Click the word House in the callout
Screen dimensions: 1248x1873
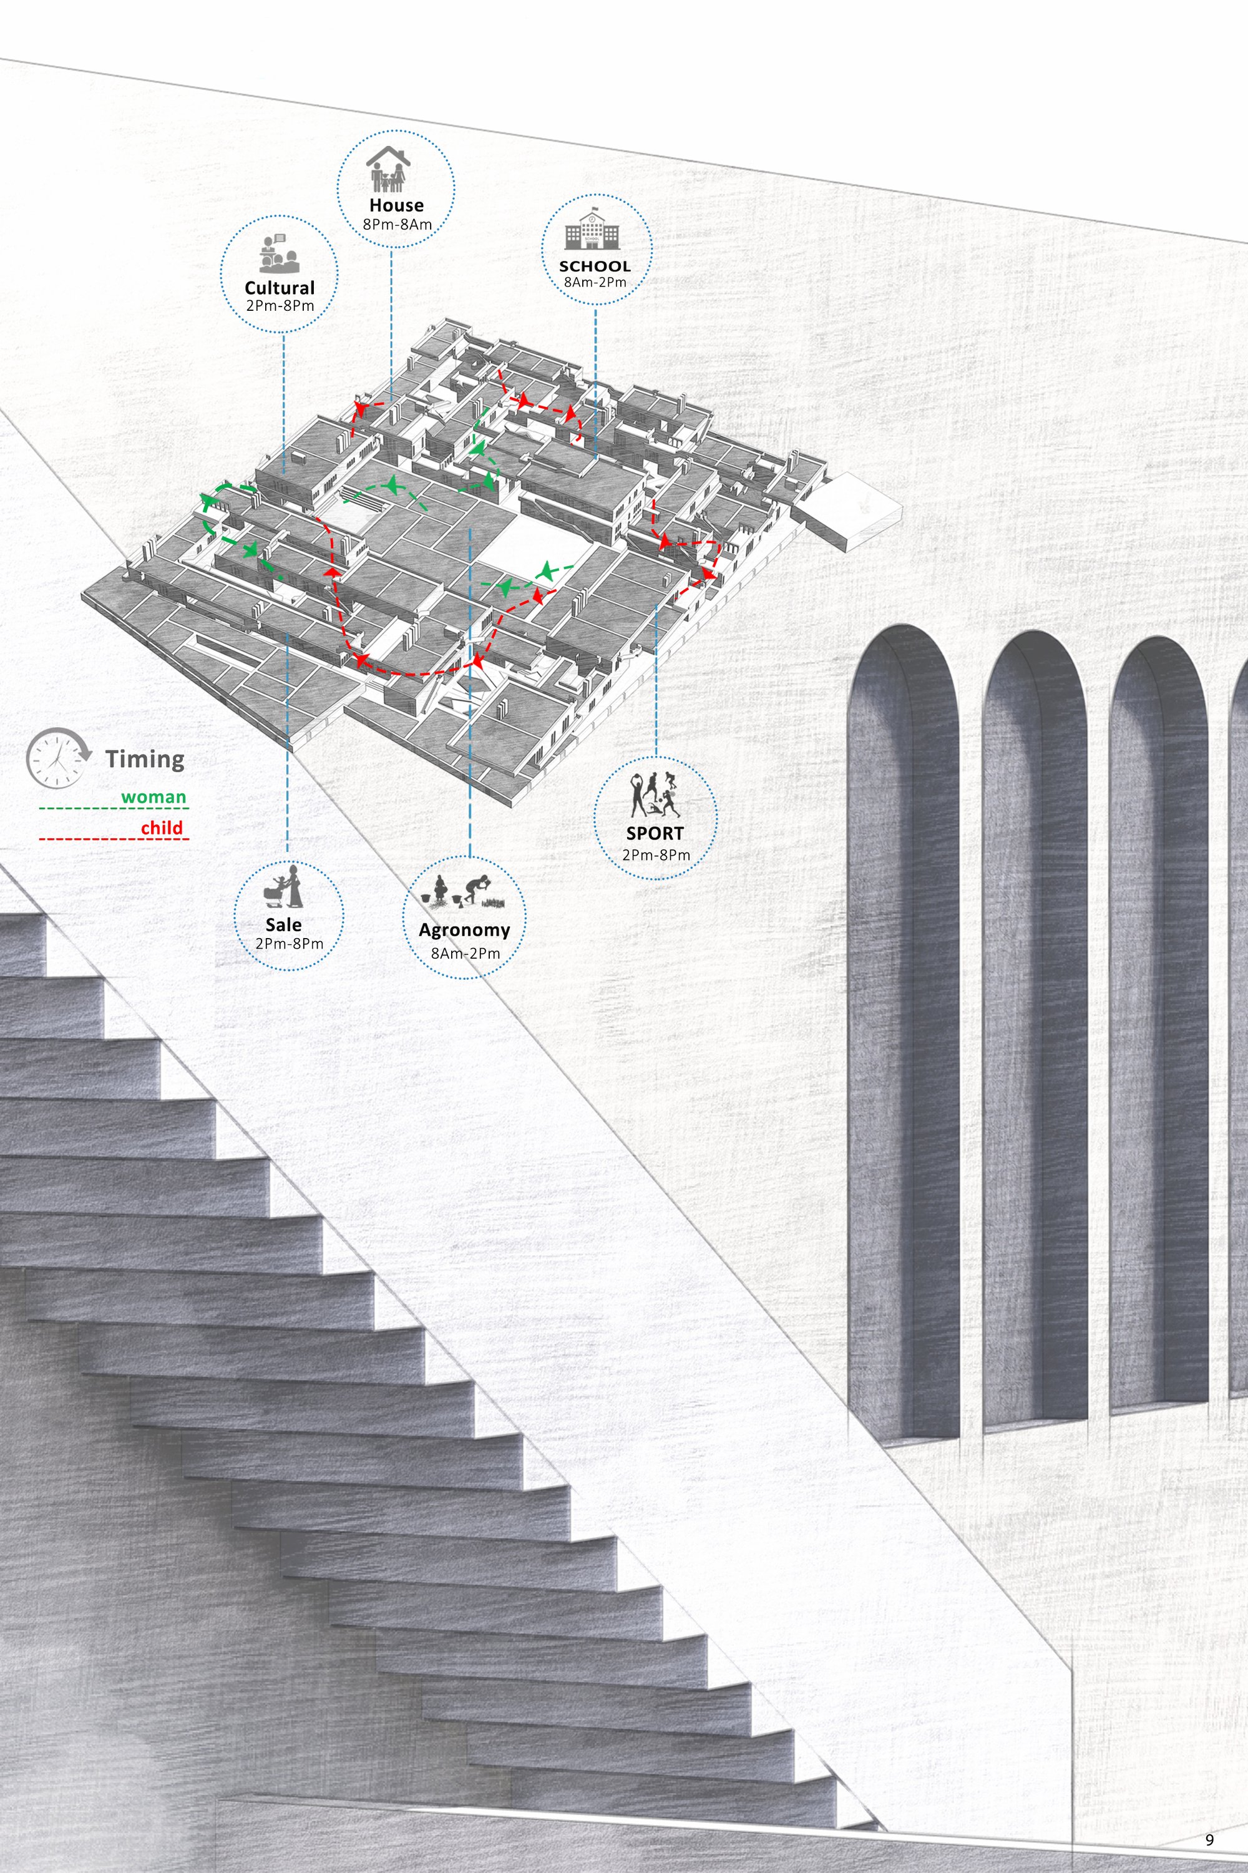click(x=396, y=205)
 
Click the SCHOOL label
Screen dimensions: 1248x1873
click(x=595, y=266)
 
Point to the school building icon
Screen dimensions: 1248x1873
click(x=590, y=231)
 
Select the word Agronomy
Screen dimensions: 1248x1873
click(x=465, y=931)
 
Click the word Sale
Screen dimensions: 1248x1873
click(x=283, y=924)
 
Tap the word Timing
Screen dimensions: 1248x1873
click(x=145, y=760)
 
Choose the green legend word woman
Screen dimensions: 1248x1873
click(x=154, y=797)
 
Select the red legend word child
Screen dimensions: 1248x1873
click(x=162, y=828)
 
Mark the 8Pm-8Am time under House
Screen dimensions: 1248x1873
click(x=397, y=225)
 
